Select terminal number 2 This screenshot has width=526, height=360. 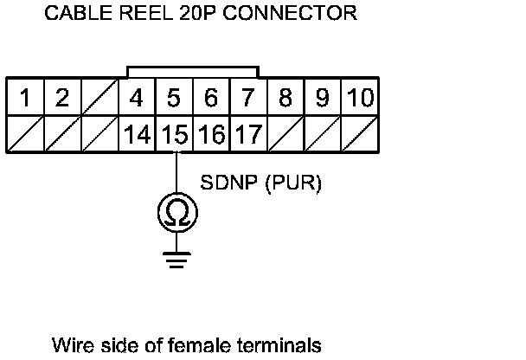tap(62, 98)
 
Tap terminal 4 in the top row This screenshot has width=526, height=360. tap(136, 98)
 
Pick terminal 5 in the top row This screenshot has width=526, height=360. tap(173, 98)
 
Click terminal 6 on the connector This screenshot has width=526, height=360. tap(210, 98)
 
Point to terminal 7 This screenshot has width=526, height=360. tap(247, 98)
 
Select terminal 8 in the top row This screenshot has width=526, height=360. tap(285, 98)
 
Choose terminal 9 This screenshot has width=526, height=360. tap(322, 98)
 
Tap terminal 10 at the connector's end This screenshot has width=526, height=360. tap(358, 98)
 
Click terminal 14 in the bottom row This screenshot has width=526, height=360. tap(136, 134)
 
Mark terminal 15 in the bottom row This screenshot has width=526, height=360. tap(173, 134)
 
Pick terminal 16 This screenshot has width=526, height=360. tap(210, 134)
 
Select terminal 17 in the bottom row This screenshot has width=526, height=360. tap(247, 134)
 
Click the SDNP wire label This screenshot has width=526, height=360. tap(228, 183)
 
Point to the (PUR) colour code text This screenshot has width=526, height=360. tap(292, 183)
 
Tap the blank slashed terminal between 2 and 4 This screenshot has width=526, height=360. tap(99, 98)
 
